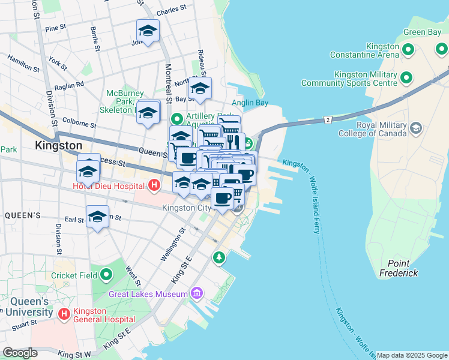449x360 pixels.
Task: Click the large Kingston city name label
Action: pos(58,145)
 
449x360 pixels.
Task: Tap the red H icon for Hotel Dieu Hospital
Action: pos(154,186)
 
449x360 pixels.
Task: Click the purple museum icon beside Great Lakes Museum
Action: pos(196,293)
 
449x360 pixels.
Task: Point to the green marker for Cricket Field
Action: pos(107,275)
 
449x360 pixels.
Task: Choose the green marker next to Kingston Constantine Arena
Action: pos(408,50)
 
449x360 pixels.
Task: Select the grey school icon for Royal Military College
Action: pos(415,128)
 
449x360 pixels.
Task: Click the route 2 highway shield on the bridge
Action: pos(328,120)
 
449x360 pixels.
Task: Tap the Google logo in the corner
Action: pos(20,353)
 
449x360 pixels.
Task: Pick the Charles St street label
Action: pos(167,12)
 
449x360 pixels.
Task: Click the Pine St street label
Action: pos(55,28)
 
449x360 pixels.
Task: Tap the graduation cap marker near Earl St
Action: pos(97,217)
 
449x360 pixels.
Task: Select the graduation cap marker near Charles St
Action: pos(147,30)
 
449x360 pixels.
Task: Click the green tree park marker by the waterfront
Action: pos(219,257)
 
